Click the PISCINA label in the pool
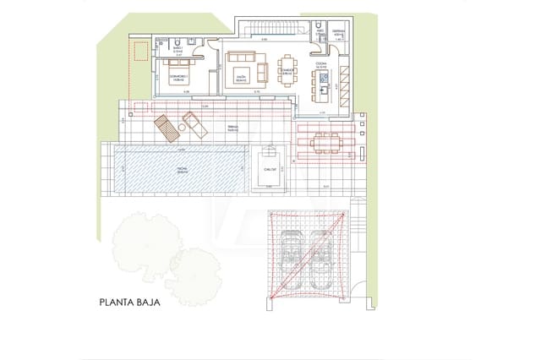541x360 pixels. coord(182,169)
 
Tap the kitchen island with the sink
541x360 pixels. coord(322,82)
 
